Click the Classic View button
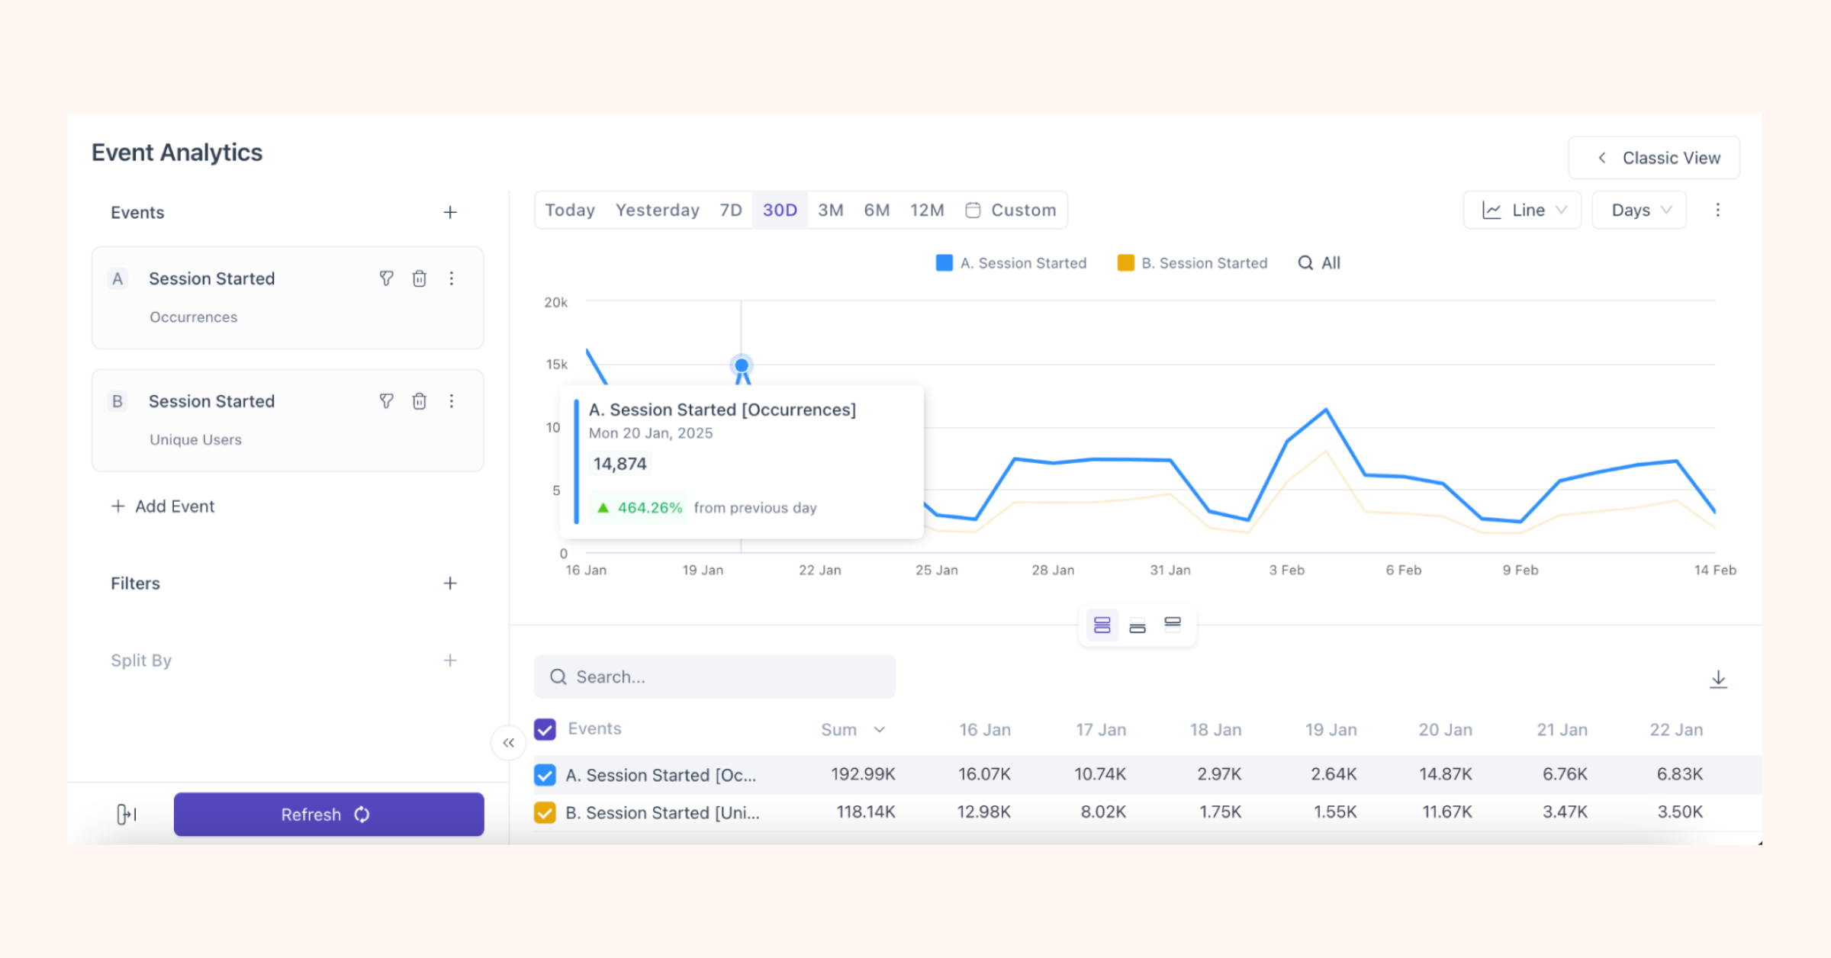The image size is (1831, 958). coord(1654,158)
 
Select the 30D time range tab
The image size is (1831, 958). coord(780,210)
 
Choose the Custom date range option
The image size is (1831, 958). coord(1012,210)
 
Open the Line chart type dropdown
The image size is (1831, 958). coord(1522,210)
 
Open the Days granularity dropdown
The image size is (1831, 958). coord(1639,210)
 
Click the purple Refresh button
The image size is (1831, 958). coord(329,814)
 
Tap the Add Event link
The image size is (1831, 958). coord(163,506)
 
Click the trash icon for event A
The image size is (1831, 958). coord(420,278)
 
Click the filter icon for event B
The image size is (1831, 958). coord(387,401)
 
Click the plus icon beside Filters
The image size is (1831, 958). coord(450,583)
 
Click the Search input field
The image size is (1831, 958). coord(715,677)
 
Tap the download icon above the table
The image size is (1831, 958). coord(1718,679)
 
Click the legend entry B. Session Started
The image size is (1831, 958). coord(1192,263)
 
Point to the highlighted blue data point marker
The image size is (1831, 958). coord(742,365)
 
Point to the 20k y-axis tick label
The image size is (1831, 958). coord(555,303)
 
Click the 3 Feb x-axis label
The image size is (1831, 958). coord(1286,570)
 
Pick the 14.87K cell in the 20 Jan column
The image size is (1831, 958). coord(1445,774)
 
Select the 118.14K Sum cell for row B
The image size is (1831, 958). coord(865,812)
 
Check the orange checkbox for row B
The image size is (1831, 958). coord(545,812)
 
